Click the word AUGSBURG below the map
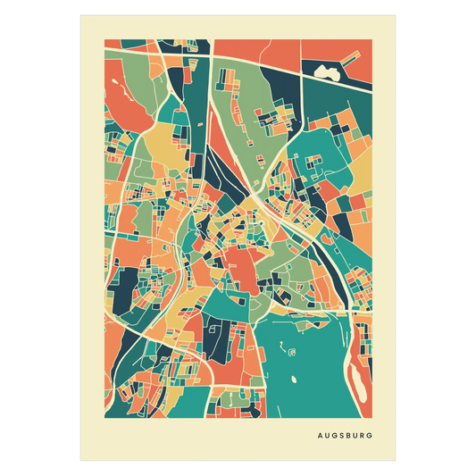[x=346, y=437]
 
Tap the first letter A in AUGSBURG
[x=319, y=437]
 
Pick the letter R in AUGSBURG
[x=364, y=437]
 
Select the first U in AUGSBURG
[x=326, y=437]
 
